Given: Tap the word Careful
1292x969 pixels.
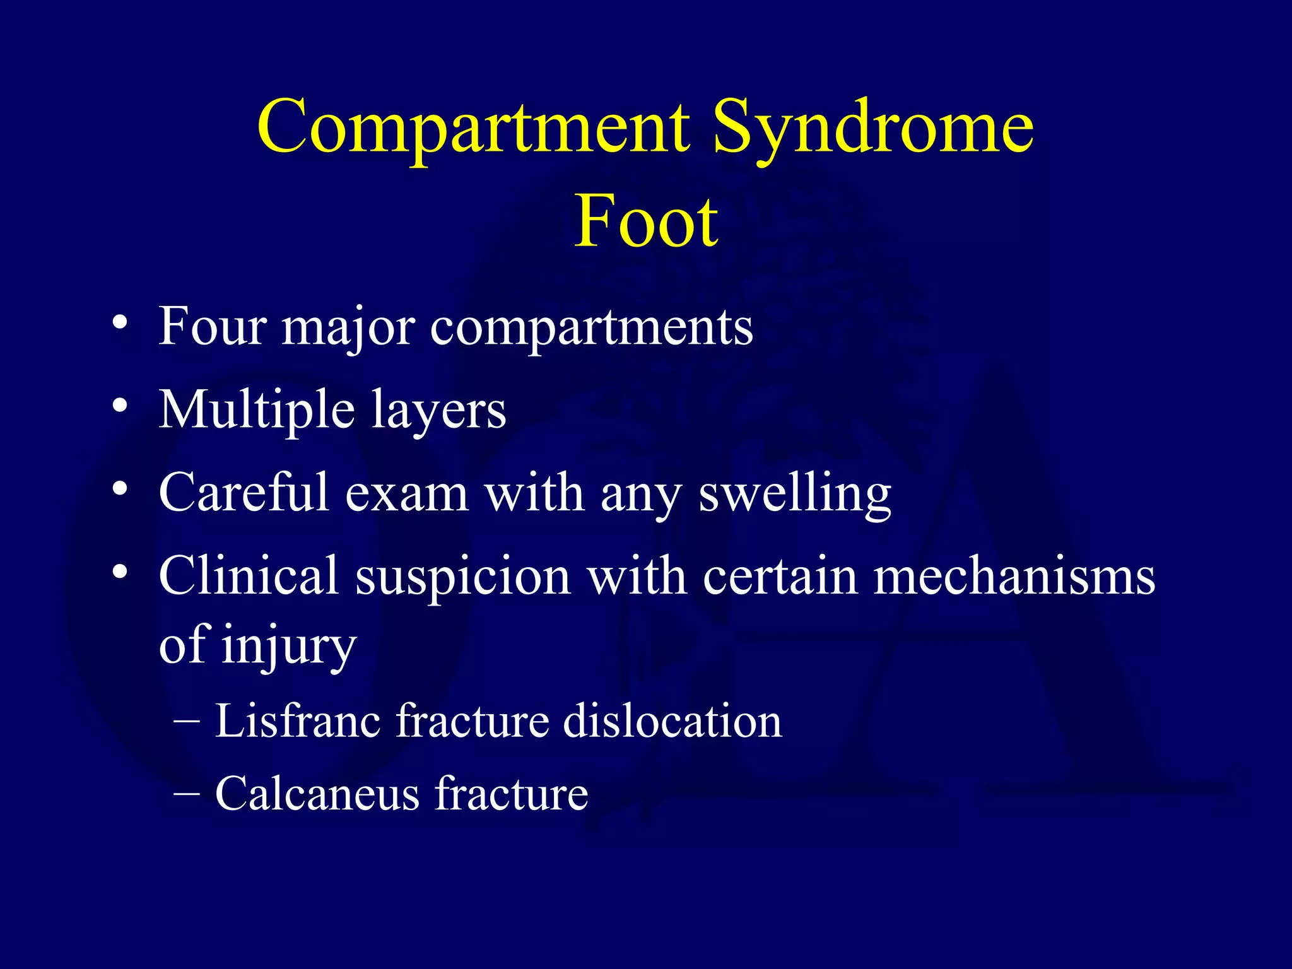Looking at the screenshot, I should tap(244, 493).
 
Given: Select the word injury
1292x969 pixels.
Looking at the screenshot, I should tap(289, 647).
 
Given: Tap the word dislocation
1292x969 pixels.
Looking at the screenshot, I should tap(672, 720).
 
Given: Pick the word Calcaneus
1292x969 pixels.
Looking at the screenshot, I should tap(317, 794).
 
